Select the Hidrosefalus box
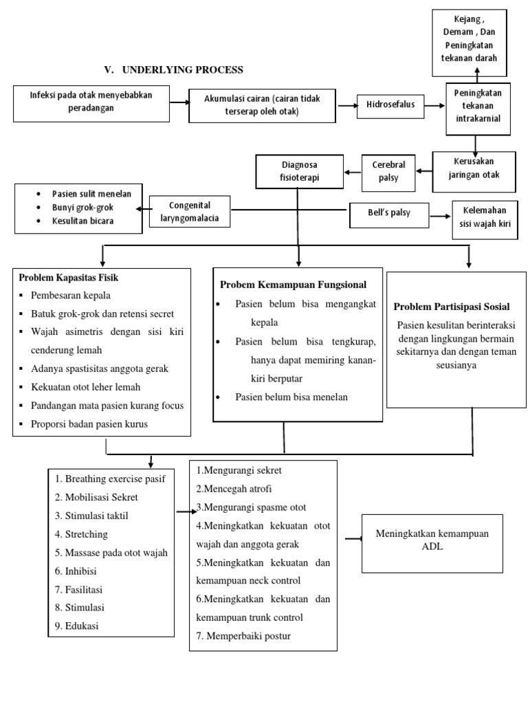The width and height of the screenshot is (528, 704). pos(389,105)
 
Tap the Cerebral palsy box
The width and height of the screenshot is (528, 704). pos(389,172)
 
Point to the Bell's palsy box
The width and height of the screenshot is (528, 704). pos(389,213)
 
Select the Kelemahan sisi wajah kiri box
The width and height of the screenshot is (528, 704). pos(485,220)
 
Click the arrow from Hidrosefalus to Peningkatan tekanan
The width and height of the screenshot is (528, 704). pos(434,105)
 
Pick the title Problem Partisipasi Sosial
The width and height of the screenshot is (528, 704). pos(451,307)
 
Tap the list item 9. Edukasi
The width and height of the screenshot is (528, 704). pos(77,626)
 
